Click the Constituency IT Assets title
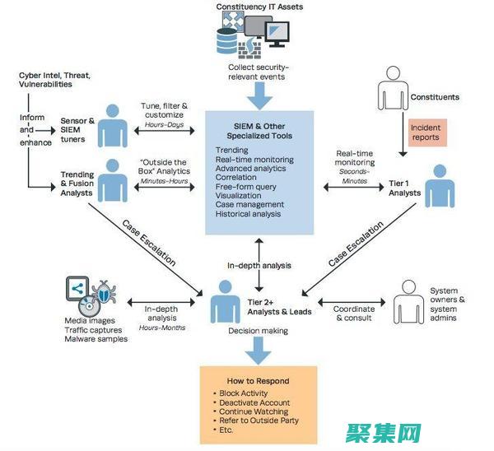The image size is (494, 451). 259,7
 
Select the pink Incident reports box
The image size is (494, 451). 426,133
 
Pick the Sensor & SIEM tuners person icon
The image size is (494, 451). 114,126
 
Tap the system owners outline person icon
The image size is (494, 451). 407,300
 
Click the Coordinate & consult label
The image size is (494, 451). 354,313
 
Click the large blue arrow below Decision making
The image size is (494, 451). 259,351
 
